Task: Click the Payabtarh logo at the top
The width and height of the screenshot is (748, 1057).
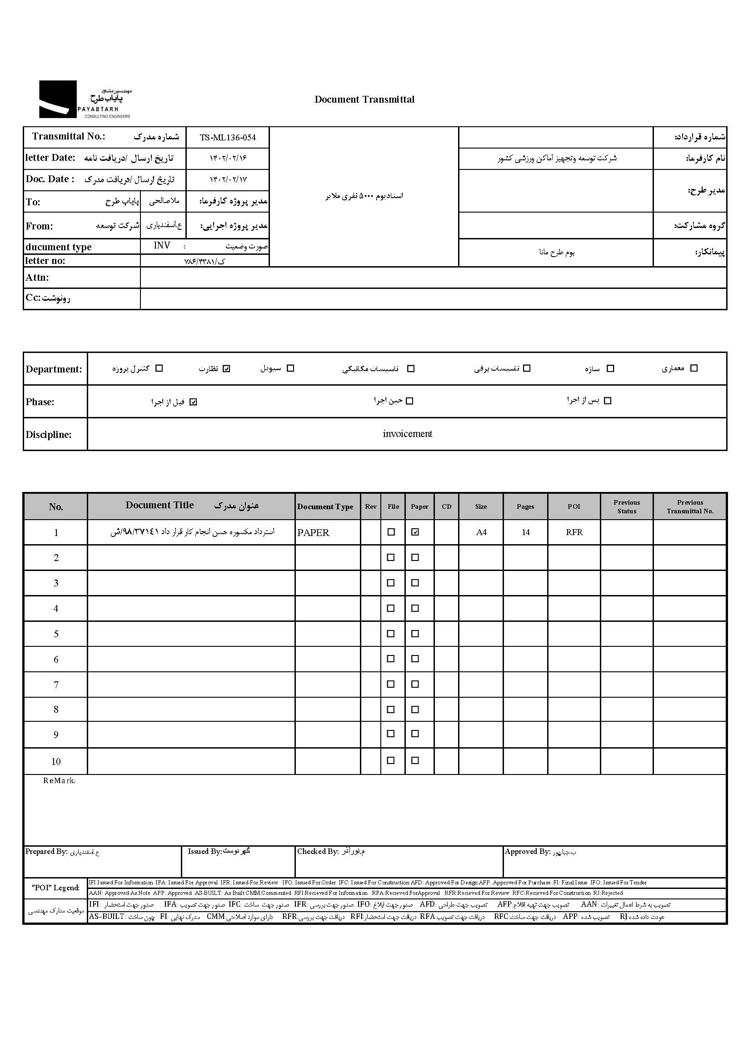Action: pos(85,99)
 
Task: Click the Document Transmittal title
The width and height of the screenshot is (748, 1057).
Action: pos(364,99)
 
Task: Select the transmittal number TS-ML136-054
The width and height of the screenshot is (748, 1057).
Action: pos(228,138)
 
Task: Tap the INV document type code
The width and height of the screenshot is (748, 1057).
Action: pos(162,245)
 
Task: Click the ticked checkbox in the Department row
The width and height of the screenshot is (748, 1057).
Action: pos(226,368)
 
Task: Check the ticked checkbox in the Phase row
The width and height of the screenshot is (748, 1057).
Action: pos(193,402)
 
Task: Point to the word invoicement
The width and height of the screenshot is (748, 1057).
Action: pos(407,434)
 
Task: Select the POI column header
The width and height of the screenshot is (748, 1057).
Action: pos(573,506)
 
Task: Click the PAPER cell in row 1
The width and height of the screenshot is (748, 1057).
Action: pos(313,533)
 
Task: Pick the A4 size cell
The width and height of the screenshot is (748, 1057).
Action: pos(481,532)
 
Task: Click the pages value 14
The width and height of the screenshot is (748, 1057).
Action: pos(525,532)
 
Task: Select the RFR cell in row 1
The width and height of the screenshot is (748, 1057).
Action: pos(574,532)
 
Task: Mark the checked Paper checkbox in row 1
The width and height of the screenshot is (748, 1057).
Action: pos(415,532)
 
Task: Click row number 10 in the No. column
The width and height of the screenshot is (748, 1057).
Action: pos(56,761)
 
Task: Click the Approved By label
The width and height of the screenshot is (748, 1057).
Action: pos(528,852)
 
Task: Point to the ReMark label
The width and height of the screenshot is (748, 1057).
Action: pos(59,780)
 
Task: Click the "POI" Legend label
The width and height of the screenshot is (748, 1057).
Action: pos(56,888)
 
